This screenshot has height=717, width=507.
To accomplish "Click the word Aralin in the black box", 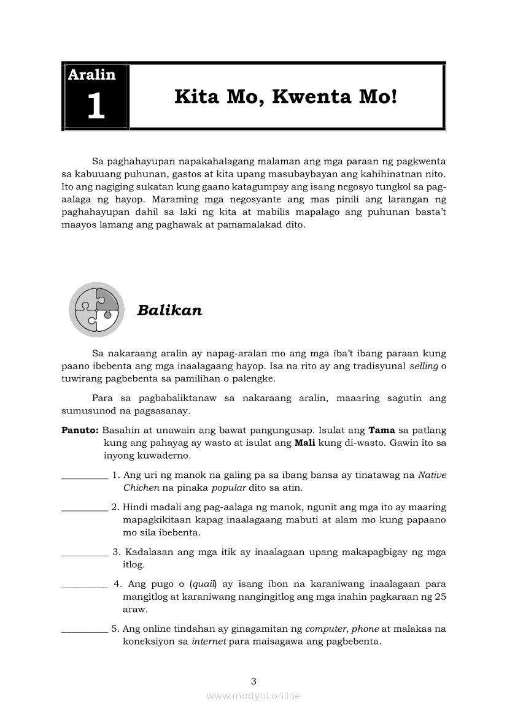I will click(x=91, y=75).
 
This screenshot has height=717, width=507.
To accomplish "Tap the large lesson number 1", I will click(x=96, y=106).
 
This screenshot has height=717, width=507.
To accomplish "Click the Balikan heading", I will click(x=169, y=310).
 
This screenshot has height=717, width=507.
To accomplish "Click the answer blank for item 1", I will click(x=85, y=476).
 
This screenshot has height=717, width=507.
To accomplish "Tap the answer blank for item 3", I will click(x=85, y=553).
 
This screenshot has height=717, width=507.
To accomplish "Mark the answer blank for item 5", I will click(x=85, y=629).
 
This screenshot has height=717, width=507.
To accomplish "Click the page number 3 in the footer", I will click(x=253, y=681).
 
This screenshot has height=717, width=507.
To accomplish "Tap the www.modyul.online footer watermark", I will click(x=253, y=696).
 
